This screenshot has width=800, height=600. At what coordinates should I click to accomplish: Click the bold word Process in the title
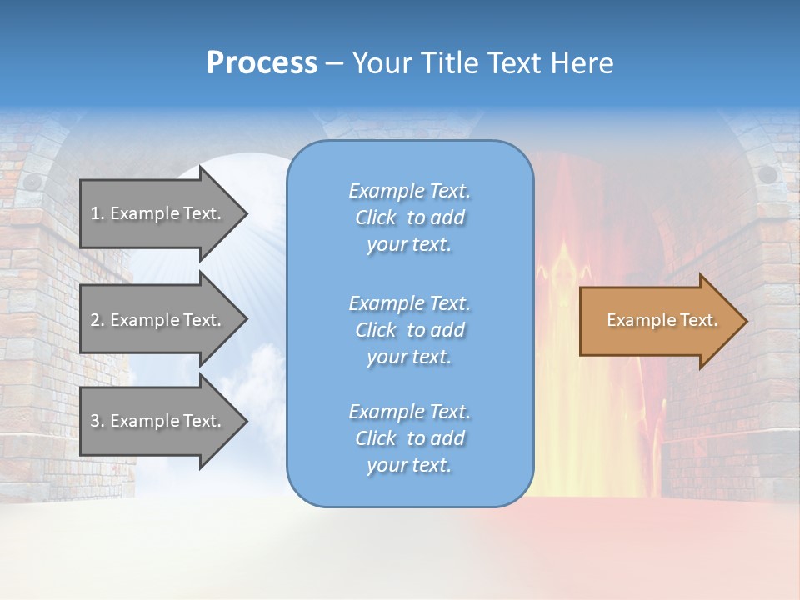click(x=262, y=63)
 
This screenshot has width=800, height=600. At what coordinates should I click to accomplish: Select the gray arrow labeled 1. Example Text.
click(x=158, y=213)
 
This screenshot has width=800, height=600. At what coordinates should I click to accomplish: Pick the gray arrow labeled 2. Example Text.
click(x=158, y=320)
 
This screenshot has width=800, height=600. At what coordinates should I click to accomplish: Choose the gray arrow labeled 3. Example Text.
click(x=158, y=421)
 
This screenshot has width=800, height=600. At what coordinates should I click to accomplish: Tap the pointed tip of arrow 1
click(x=245, y=213)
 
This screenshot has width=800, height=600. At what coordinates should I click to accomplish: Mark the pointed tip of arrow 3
click(x=245, y=421)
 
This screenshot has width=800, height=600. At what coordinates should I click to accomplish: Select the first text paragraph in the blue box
click(x=409, y=217)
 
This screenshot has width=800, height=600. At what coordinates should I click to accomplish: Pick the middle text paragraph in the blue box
click(x=409, y=330)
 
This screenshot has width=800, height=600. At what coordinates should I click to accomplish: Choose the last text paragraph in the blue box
click(x=409, y=438)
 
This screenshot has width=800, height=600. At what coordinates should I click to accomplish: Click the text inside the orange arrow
click(x=662, y=320)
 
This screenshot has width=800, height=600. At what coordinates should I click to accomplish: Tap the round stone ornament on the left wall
click(x=32, y=182)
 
